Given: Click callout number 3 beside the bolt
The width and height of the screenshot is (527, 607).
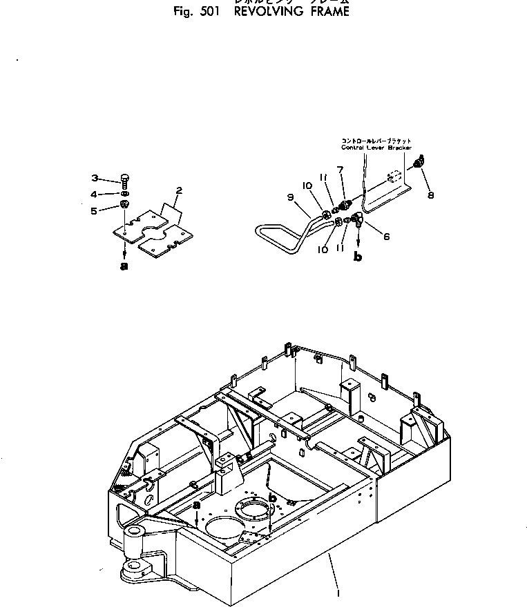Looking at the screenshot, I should pyautogui.click(x=96, y=177).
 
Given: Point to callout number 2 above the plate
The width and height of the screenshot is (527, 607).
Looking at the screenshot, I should pyautogui.click(x=179, y=190).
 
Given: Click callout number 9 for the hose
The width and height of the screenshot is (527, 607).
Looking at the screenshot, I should pyautogui.click(x=290, y=197).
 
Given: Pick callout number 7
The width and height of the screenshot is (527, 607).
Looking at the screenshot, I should pyautogui.click(x=341, y=170).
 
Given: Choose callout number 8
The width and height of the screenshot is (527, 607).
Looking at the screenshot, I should pyautogui.click(x=431, y=195).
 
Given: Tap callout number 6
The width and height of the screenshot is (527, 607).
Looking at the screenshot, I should pyautogui.click(x=386, y=237).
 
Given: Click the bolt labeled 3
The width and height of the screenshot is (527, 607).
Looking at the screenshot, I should pyautogui.click(x=125, y=180).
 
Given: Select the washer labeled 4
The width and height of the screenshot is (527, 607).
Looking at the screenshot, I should pyautogui.click(x=124, y=194).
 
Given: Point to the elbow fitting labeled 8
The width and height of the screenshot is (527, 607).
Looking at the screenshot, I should pyautogui.click(x=419, y=163).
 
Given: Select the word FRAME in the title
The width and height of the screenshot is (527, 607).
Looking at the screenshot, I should pyautogui.click(x=326, y=12).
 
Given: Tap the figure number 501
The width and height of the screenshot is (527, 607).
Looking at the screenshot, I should pyautogui.click(x=207, y=12).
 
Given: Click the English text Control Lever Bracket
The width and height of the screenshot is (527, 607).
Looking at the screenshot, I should pyautogui.click(x=376, y=147).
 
